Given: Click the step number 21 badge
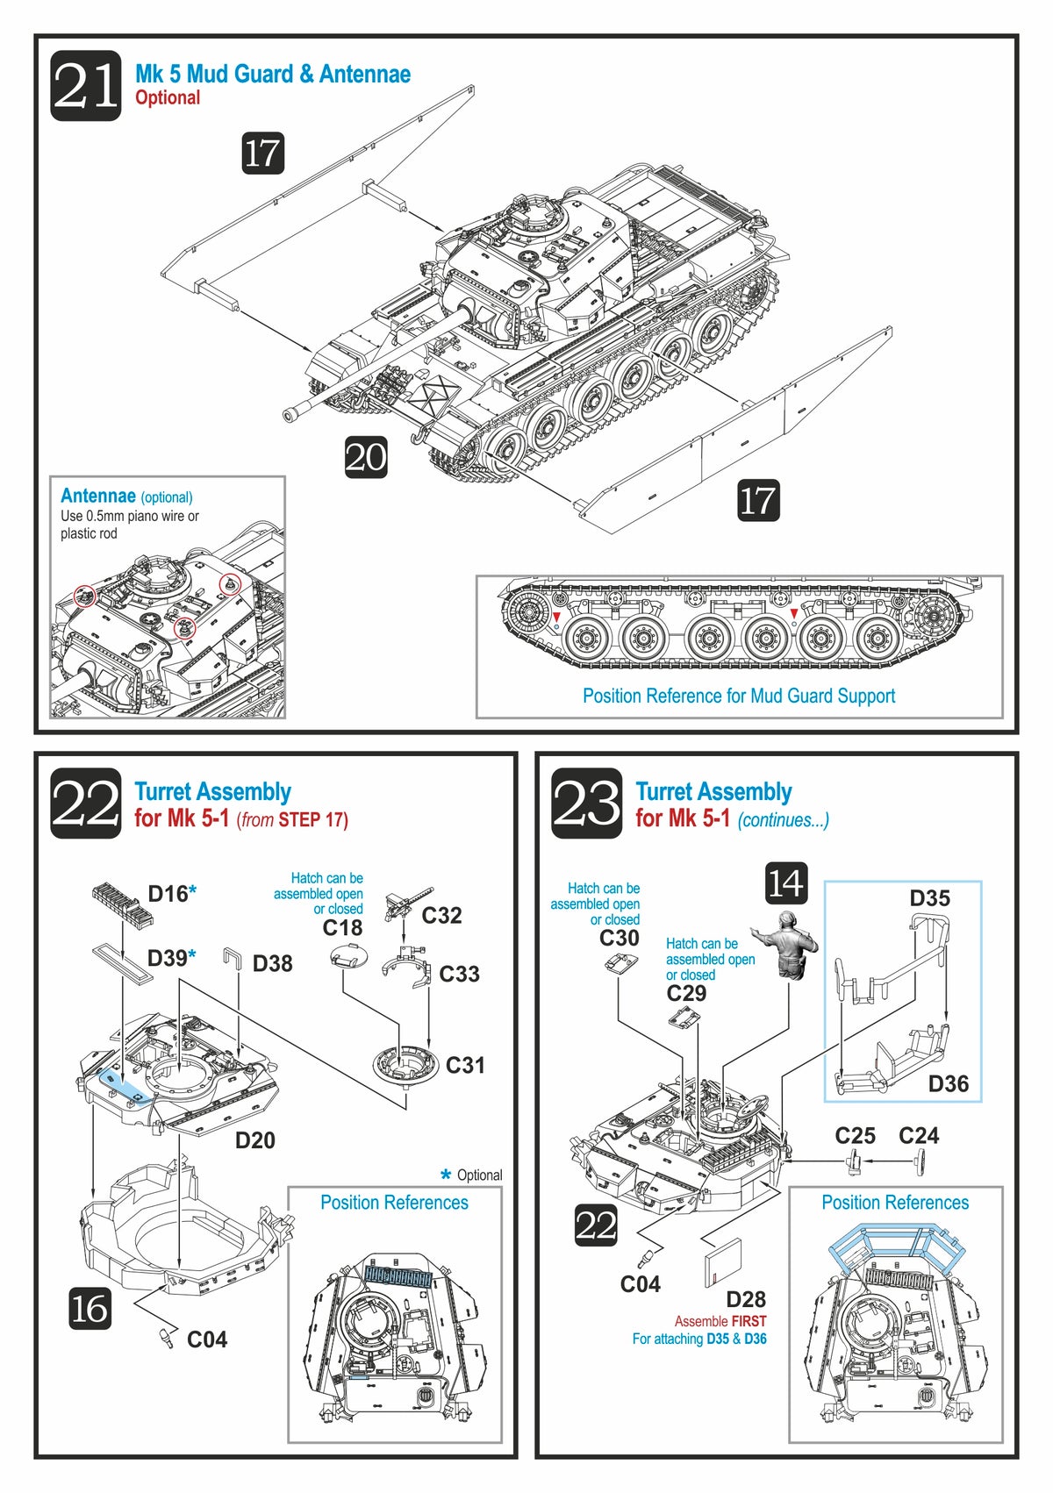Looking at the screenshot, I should point(85,86).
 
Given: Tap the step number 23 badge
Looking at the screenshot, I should point(586,803).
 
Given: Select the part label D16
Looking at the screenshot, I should point(168,894).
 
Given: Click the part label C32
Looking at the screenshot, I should point(441,916).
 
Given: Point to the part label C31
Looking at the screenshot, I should point(465,1065).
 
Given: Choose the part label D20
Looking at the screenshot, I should point(254,1140).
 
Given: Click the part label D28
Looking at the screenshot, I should point(746,1299).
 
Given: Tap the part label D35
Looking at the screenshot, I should point(929,898).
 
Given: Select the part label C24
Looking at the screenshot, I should point(919,1136).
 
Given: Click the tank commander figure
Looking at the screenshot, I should point(790,945).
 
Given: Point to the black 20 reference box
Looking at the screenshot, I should point(366,457).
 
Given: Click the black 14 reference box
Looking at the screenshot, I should point(786,883).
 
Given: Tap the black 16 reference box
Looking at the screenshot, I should point(90,1309).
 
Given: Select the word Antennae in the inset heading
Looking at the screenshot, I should point(97,496).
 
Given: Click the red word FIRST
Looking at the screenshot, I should point(749,1321).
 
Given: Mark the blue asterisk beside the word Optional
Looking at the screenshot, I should point(446,1175).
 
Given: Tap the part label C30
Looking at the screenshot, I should point(620,938).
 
